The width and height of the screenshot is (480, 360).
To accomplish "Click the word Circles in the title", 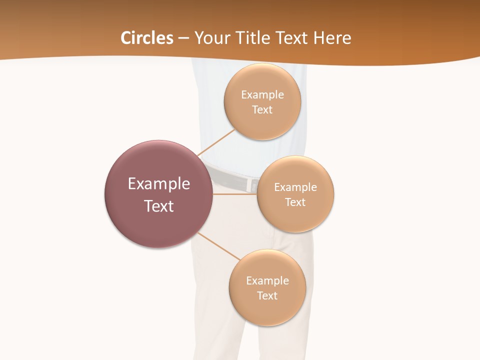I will click(146, 38).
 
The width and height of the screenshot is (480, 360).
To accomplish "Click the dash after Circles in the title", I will click(183, 38).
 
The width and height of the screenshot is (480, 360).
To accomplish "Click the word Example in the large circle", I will click(159, 184).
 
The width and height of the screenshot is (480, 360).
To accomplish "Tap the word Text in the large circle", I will click(159, 206).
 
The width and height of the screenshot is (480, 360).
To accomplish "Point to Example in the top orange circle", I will click(262, 94).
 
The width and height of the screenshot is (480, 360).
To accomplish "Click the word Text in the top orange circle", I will click(262, 109).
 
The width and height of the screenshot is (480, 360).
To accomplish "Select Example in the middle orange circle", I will click(295, 187).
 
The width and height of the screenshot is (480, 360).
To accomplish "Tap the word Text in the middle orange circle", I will click(295, 202).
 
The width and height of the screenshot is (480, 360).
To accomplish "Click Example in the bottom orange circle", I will click(267, 280).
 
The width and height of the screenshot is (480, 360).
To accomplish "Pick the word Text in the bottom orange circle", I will click(267, 295).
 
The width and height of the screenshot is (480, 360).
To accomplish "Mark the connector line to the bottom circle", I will click(218, 246).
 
